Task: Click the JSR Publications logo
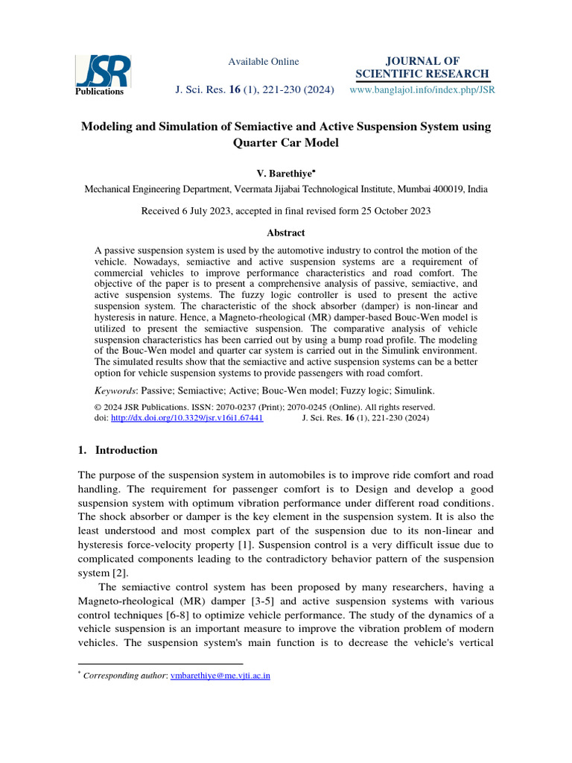[103, 75]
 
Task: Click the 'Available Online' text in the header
[263, 62]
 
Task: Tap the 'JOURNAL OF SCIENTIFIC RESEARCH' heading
[422, 67]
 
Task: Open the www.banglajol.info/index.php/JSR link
[422, 89]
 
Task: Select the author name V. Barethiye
[285, 173]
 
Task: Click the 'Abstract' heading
[286, 232]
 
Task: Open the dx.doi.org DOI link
[186, 419]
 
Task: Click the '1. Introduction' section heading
[118, 450]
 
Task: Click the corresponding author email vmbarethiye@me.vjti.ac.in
[220, 676]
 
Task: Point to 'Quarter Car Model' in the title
[286, 143]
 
